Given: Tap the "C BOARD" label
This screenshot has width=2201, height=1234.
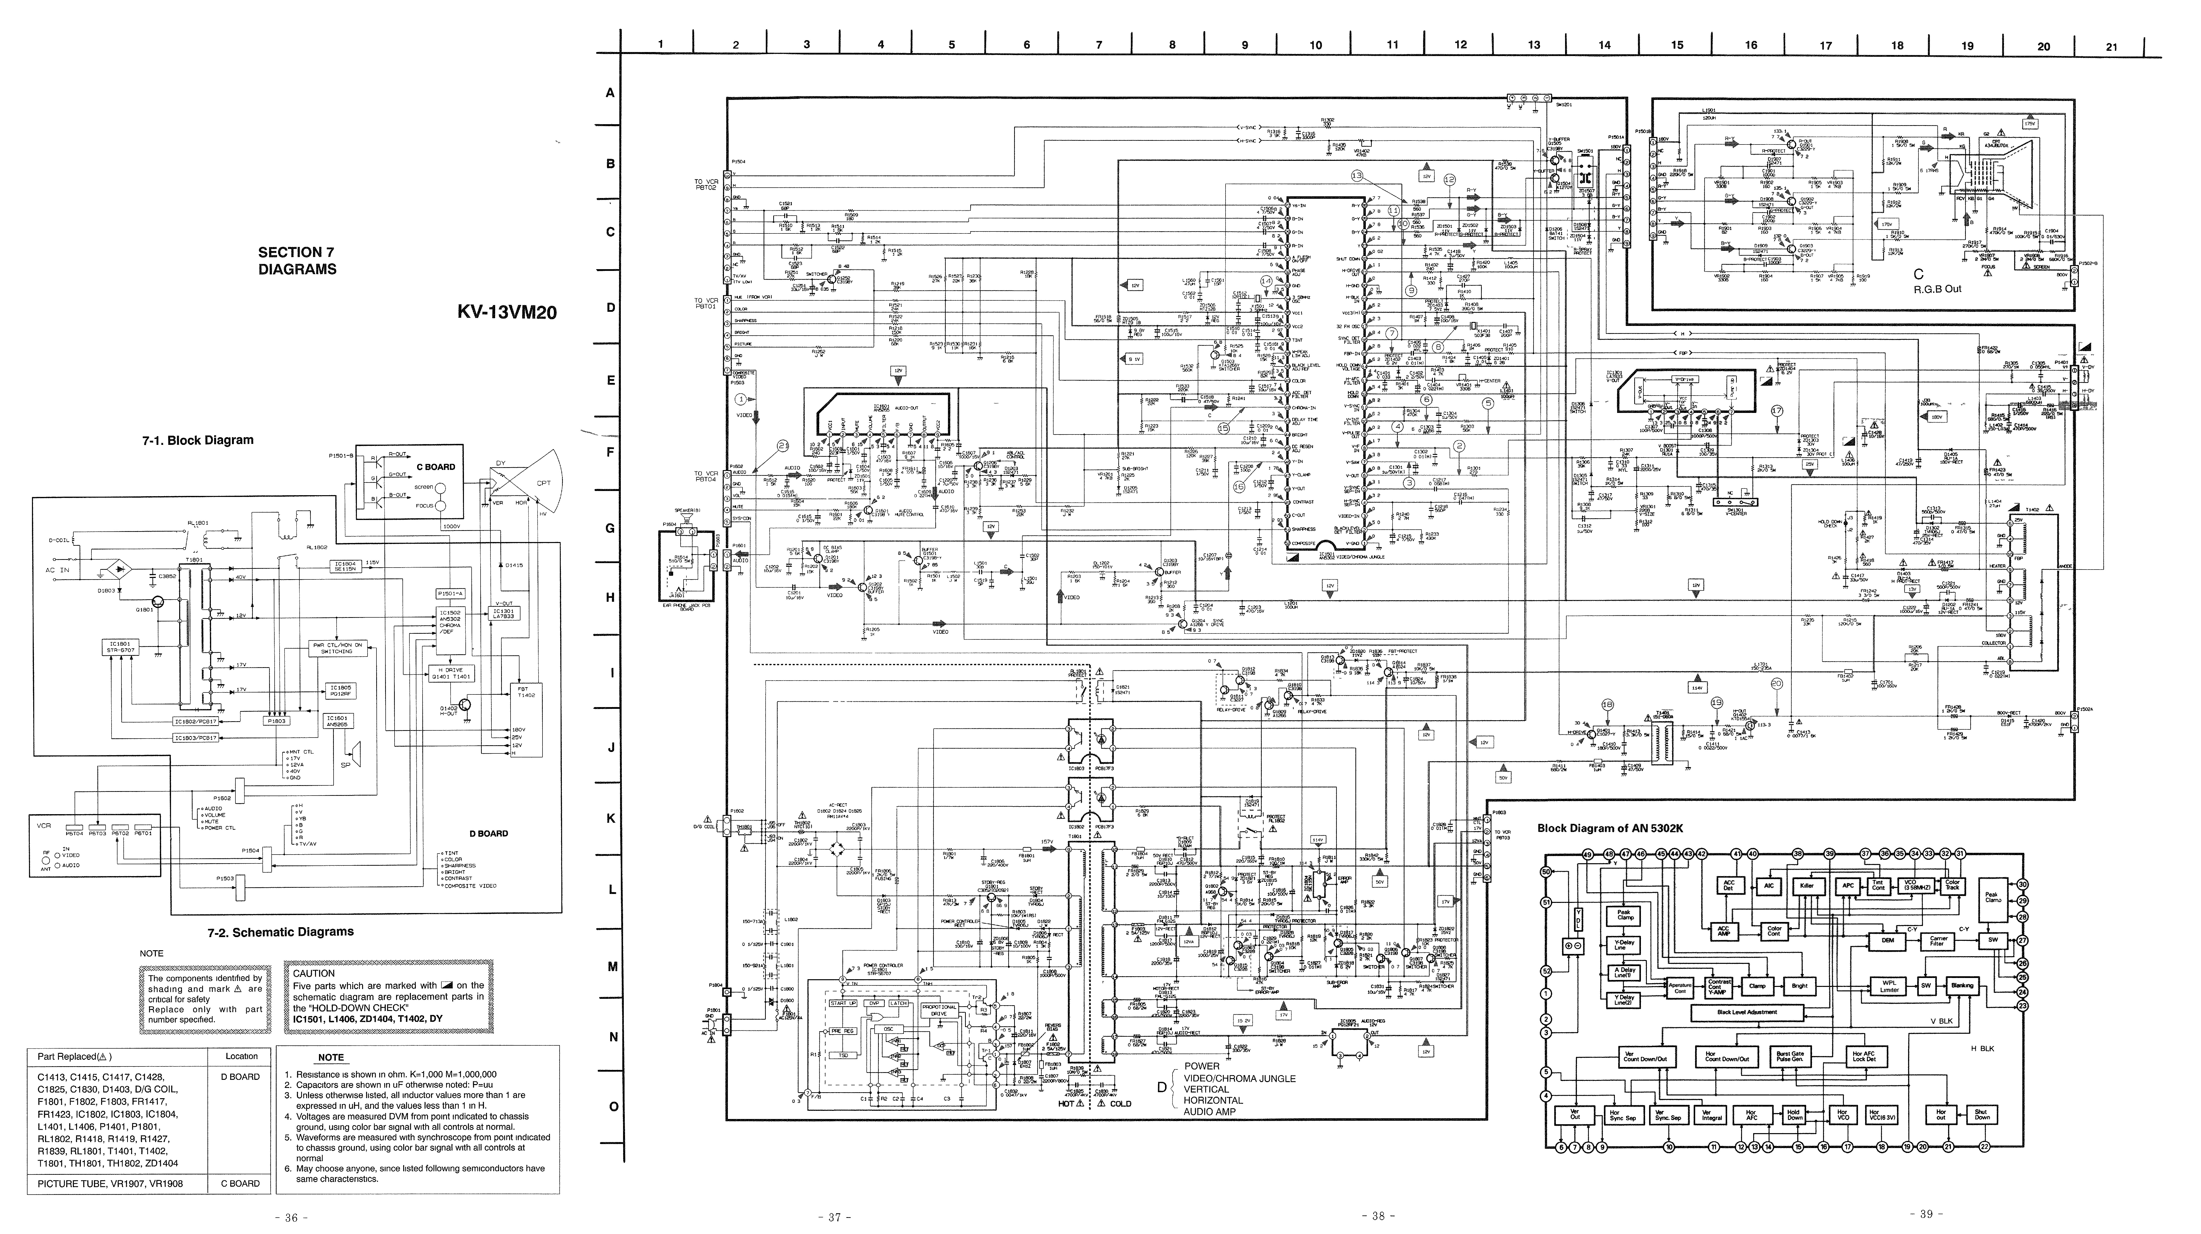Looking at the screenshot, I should [x=436, y=467].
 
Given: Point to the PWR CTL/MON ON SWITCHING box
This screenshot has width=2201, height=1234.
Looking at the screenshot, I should [x=338, y=648].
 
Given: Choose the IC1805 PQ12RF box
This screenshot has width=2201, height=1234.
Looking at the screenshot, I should [x=340, y=690].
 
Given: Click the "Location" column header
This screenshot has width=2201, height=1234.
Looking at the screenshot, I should [x=242, y=1056].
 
